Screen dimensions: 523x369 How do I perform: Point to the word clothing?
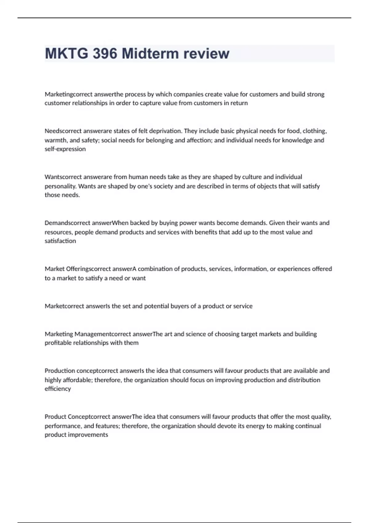pyautogui.click(x=315, y=131)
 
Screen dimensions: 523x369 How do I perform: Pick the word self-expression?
pyautogui.click(x=65, y=149)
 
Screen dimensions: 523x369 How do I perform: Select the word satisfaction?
pyautogui.click(x=60, y=241)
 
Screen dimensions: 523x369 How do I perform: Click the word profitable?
pyautogui.click(x=58, y=343)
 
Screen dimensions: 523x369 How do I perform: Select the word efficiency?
pyautogui.click(x=58, y=389)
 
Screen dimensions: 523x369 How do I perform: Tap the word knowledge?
pyautogui.click(x=297, y=140)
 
